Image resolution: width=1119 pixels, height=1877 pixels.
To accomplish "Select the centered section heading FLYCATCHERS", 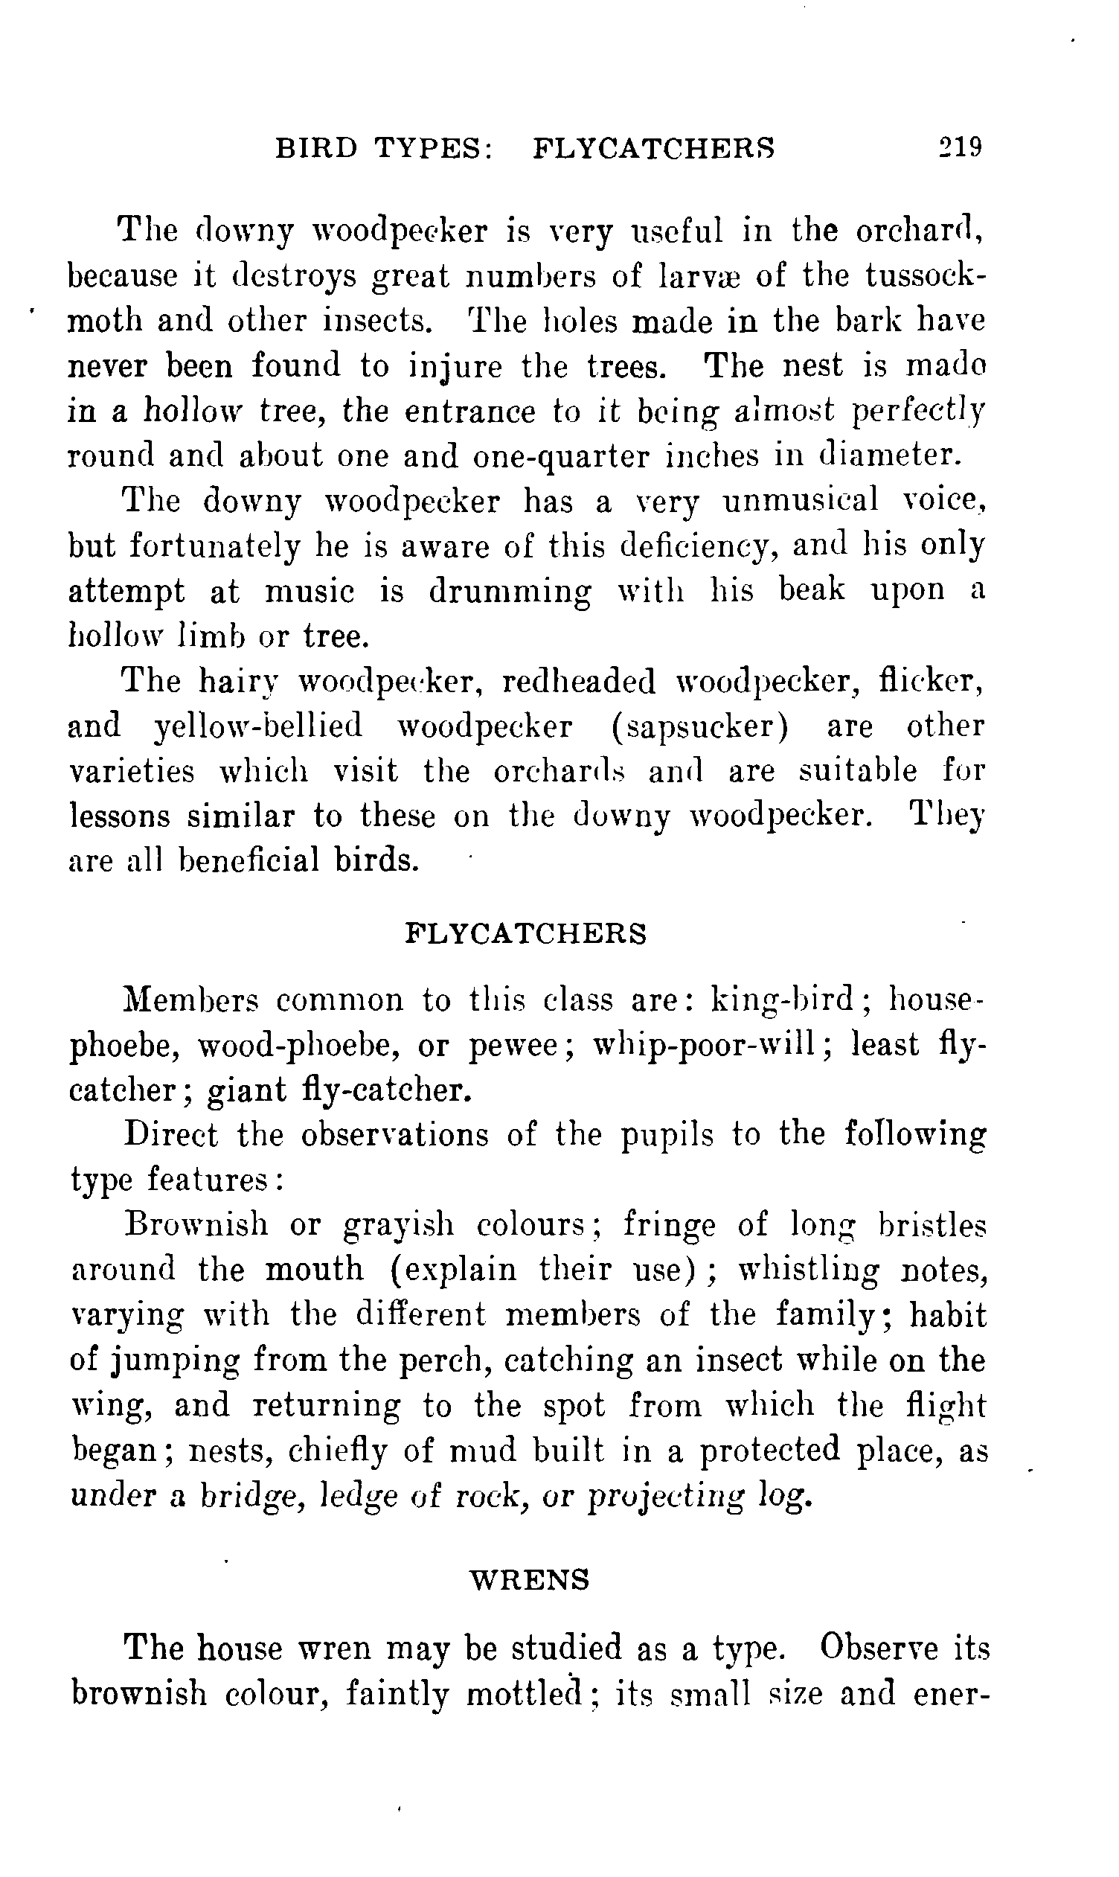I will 526,933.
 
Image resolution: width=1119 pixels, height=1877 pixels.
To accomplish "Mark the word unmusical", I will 800,501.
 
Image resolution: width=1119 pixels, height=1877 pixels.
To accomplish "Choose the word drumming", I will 510,591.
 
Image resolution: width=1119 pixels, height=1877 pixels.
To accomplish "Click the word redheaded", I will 578,682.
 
